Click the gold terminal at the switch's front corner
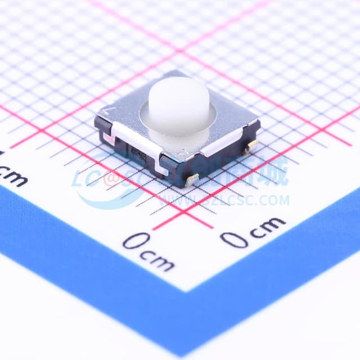point(192,179)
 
